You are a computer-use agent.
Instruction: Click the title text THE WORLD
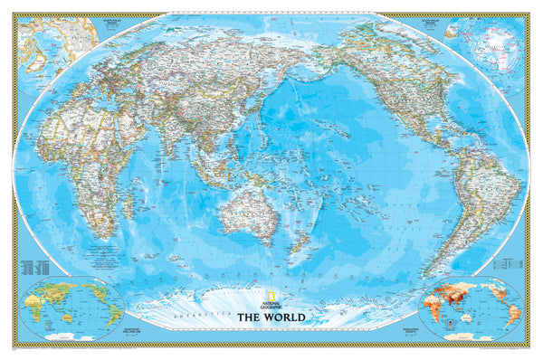coord(271,317)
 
